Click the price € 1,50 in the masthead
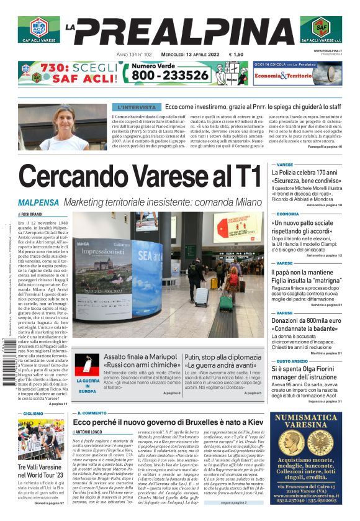pyautogui.click(x=236, y=55)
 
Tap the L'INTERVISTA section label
pyautogui.click(x=137, y=107)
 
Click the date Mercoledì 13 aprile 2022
pyautogui.click(x=187, y=55)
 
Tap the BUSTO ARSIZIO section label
pyautogui.click(x=291, y=361)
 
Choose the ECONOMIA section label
pyautogui.click(x=287, y=214)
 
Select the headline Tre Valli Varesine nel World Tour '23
pyautogui.click(x=40, y=470)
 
